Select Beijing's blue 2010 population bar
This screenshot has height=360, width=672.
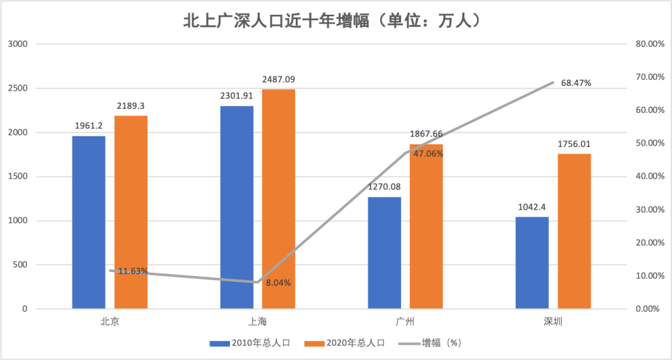coord(89,222)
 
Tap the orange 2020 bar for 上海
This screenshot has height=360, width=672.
coord(279,199)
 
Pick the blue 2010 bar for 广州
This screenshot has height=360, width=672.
coord(384,253)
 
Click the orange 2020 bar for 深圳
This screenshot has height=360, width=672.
coord(575,231)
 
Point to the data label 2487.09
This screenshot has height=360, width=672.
coord(279,80)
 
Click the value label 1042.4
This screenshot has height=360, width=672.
coord(532,207)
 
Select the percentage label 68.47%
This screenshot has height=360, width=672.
coord(576,83)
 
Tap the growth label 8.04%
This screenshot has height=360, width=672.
coord(278,283)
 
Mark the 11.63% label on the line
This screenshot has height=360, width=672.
coord(133,271)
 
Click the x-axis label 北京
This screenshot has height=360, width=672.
coord(110,322)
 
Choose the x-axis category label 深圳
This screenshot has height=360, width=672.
coord(553,322)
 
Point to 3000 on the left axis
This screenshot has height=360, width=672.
coord(19,44)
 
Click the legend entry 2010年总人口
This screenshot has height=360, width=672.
coord(251,343)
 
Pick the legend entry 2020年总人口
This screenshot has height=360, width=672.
coord(345,343)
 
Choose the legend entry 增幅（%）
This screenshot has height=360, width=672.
coord(430,343)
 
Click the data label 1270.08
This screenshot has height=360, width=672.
coord(384,187)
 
